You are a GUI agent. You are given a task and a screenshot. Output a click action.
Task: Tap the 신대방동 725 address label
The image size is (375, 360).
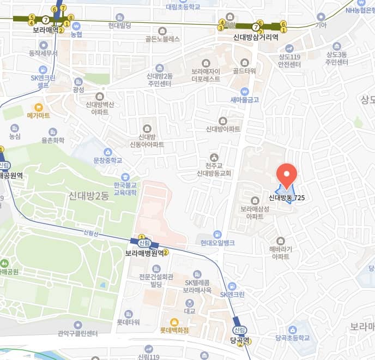[x=286, y=199]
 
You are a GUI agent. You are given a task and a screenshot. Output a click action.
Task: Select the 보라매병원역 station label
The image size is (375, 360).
[x=144, y=253]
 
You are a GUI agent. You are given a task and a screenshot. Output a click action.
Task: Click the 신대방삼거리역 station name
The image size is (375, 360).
[x=256, y=38]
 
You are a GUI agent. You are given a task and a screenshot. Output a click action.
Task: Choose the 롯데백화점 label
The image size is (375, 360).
[x=174, y=330]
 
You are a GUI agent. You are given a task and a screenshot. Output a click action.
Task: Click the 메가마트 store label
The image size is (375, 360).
[x=38, y=116]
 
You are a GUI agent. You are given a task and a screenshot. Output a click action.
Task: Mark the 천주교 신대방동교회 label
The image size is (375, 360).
[x=214, y=169]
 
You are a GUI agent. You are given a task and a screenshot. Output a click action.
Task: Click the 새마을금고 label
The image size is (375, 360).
[x=244, y=100]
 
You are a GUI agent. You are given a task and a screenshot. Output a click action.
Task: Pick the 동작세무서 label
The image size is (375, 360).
[x=43, y=53]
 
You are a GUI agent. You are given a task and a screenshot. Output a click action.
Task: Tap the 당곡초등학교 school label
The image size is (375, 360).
[x=293, y=338]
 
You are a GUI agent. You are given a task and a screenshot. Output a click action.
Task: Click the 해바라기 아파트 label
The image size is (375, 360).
[x=280, y=253]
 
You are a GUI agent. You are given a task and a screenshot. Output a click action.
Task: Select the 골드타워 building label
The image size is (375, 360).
[x=244, y=71]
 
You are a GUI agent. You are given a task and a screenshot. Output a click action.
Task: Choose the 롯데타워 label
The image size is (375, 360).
[x=128, y=322]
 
